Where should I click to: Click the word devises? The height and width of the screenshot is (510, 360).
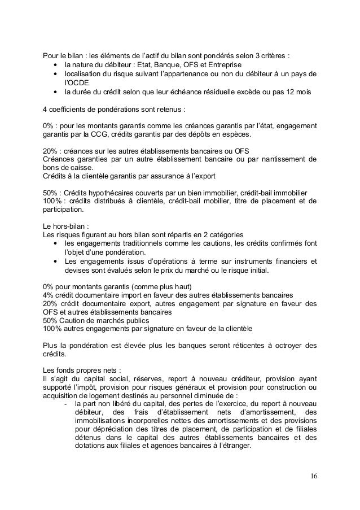tap(76, 271)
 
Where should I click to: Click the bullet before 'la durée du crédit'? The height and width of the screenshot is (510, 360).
tap(55, 92)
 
